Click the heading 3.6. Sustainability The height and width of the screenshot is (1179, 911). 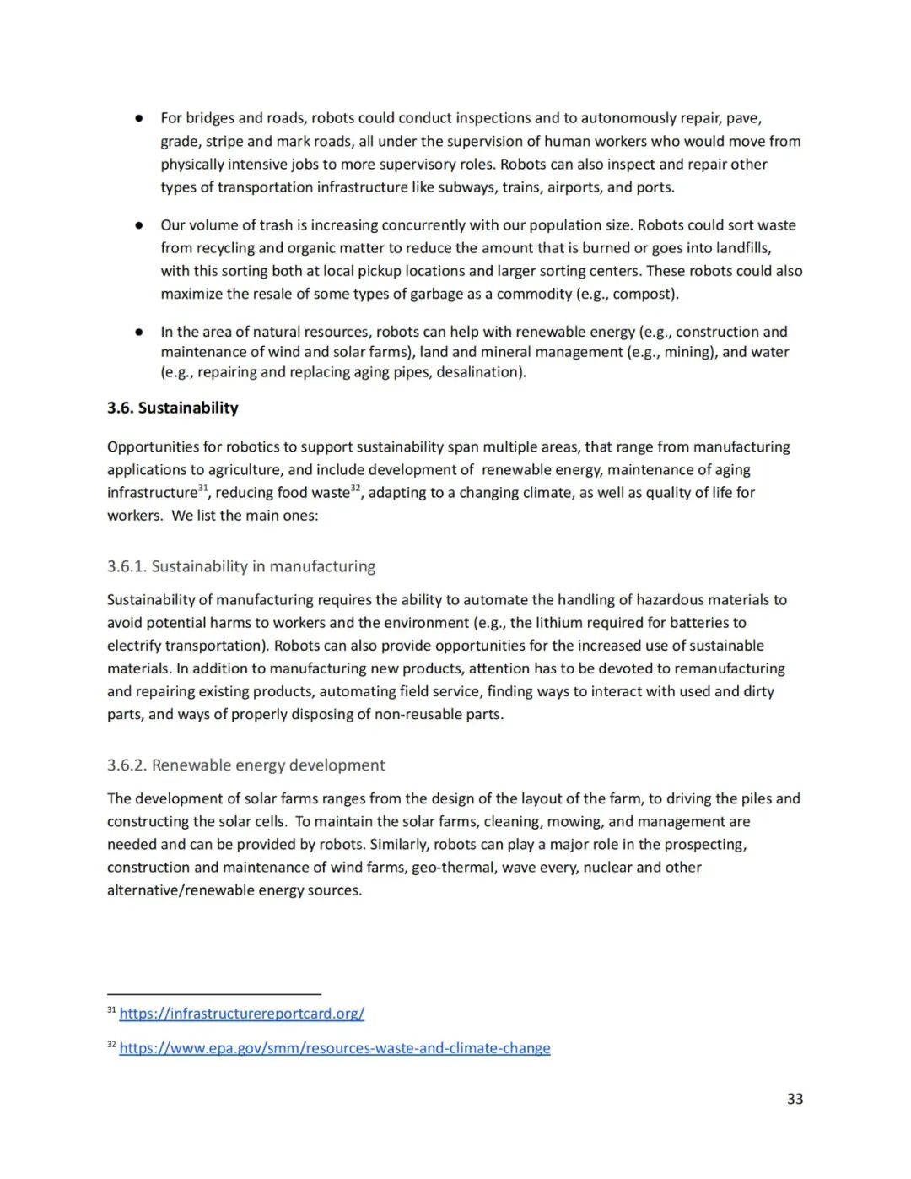172,408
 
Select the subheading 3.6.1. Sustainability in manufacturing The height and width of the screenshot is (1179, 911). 241,566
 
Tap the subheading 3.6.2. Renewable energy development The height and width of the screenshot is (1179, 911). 245,765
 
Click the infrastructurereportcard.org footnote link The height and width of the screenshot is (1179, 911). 241,1014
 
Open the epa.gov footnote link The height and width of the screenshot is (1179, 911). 334,1048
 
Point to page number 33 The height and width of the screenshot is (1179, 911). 795,1099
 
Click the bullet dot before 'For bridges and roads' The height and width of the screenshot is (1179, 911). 138,118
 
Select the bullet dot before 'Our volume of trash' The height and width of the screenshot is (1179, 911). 138,225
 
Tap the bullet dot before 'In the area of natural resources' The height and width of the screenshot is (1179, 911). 138,333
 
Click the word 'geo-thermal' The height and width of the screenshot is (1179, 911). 454,868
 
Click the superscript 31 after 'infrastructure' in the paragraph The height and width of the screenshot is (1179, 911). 202,489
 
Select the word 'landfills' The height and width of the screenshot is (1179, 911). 739,248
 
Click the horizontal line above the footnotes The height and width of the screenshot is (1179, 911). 213,994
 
